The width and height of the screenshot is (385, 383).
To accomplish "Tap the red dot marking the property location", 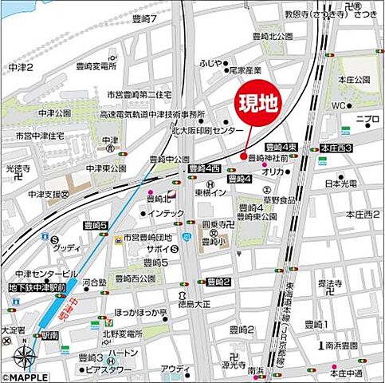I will click(x=243, y=156).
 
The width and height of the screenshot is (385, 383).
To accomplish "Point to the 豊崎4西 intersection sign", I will click(x=205, y=168).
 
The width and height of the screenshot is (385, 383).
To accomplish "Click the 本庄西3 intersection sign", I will click(x=336, y=148).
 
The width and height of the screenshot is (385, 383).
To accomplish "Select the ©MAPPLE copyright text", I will click(x=26, y=376).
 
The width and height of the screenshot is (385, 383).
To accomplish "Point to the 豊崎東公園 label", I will click(x=253, y=215).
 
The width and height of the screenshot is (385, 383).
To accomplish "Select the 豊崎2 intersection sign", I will click(x=218, y=282).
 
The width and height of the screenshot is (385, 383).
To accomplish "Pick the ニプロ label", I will click(x=368, y=120).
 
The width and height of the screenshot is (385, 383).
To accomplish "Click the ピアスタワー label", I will click(x=108, y=371).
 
